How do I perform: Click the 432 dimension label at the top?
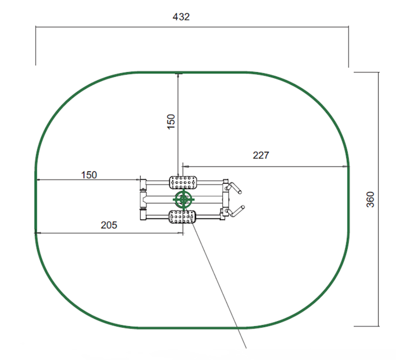pyautogui.click(x=181, y=17)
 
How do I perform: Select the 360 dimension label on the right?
pyautogui.click(x=370, y=199)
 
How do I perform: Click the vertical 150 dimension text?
pyautogui.click(x=171, y=121)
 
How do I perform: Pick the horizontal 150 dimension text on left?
pyautogui.click(x=89, y=174)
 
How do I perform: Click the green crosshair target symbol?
pyautogui.click(x=184, y=200)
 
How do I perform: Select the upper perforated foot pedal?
pyautogui.click(x=184, y=182)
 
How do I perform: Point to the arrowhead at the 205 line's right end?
pyautogui.click(x=182, y=233)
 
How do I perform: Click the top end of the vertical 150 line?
pyautogui.click(x=178, y=74)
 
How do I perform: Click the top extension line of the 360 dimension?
pyautogui.click(x=366, y=72)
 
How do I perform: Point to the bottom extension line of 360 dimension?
pyautogui.click(x=366, y=326)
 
